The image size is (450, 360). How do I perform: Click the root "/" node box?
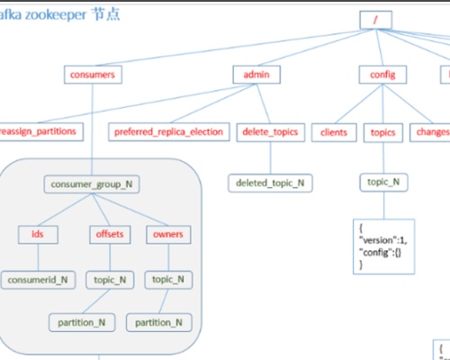375,20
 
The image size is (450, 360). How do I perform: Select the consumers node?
92,75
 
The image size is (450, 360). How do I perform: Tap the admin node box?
256,75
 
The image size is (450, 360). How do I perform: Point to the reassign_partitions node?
38,131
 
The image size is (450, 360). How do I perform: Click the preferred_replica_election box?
168,131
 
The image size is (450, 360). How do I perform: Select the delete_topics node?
268,131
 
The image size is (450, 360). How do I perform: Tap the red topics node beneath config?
383,131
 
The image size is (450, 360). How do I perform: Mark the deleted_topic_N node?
270,183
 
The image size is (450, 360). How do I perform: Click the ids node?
37,234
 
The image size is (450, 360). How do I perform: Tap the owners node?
167,234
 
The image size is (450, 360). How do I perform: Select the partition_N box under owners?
158,321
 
